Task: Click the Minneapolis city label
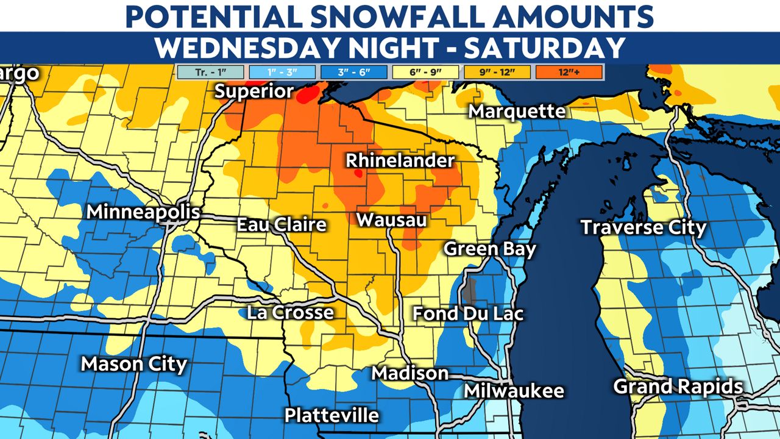point(143,212)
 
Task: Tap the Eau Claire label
point(282,224)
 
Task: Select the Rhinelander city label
point(400,161)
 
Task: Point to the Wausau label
point(391,220)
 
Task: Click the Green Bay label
point(490,249)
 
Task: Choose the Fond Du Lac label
point(468,313)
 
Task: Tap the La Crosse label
point(290,313)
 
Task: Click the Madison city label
point(410,373)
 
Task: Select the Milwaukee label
point(514,391)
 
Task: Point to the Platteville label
point(331,415)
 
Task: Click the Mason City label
point(134,364)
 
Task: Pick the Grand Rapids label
point(678,387)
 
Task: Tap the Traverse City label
point(643,228)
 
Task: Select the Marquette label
point(517,112)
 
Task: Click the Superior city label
point(254,91)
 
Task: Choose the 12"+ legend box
point(570,73)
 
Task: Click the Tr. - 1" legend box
point(210,73)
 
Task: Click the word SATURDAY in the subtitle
point(545,48)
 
